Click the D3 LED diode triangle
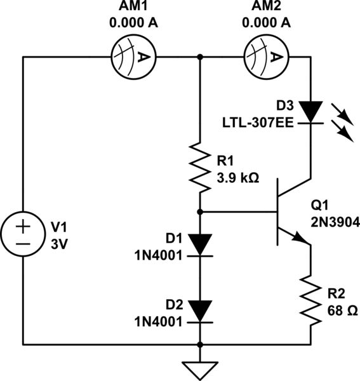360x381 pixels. tap(310, 112)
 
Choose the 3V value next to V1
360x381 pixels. tap(58, 243)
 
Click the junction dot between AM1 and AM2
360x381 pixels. tap(201, 57)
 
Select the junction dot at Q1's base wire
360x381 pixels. tap(201, 211)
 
